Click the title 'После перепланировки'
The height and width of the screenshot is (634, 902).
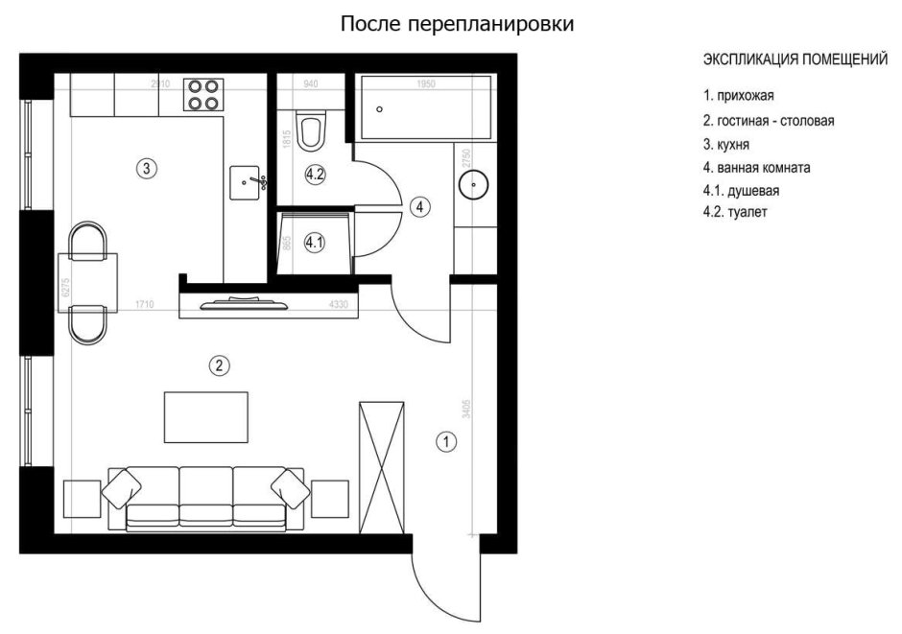pyautogui.click(x=458, y=24)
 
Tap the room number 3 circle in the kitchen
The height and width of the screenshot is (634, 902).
pyautogui.click(x=145, y=169)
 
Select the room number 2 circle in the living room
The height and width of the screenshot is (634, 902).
pyautogui.click(x=220, y=364)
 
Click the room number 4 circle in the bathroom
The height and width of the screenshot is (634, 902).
pyautogui.click(x=419, y=205)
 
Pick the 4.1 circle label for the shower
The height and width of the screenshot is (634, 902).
pyautogui.click(x=315, y=244)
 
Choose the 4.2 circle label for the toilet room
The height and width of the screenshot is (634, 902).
pyautogui.click(x=315, y=175)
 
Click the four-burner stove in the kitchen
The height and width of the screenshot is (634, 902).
pyautogui.click(x=202, y=93)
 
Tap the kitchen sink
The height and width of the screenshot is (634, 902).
pyautogui.click(x=247, y=181)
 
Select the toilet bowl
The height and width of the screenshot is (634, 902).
pyautogui.click(x=311, y=131)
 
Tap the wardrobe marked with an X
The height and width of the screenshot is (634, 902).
pyautogui.click(x=382, y=464)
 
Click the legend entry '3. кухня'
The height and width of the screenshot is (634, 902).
pyautogui.click(x=725, y=144)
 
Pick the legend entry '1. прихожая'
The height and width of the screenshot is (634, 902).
pyautogui.click(x=738, y=96)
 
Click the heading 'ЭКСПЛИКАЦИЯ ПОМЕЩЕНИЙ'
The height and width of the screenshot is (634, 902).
pyautogui.click(x=795, y=60)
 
